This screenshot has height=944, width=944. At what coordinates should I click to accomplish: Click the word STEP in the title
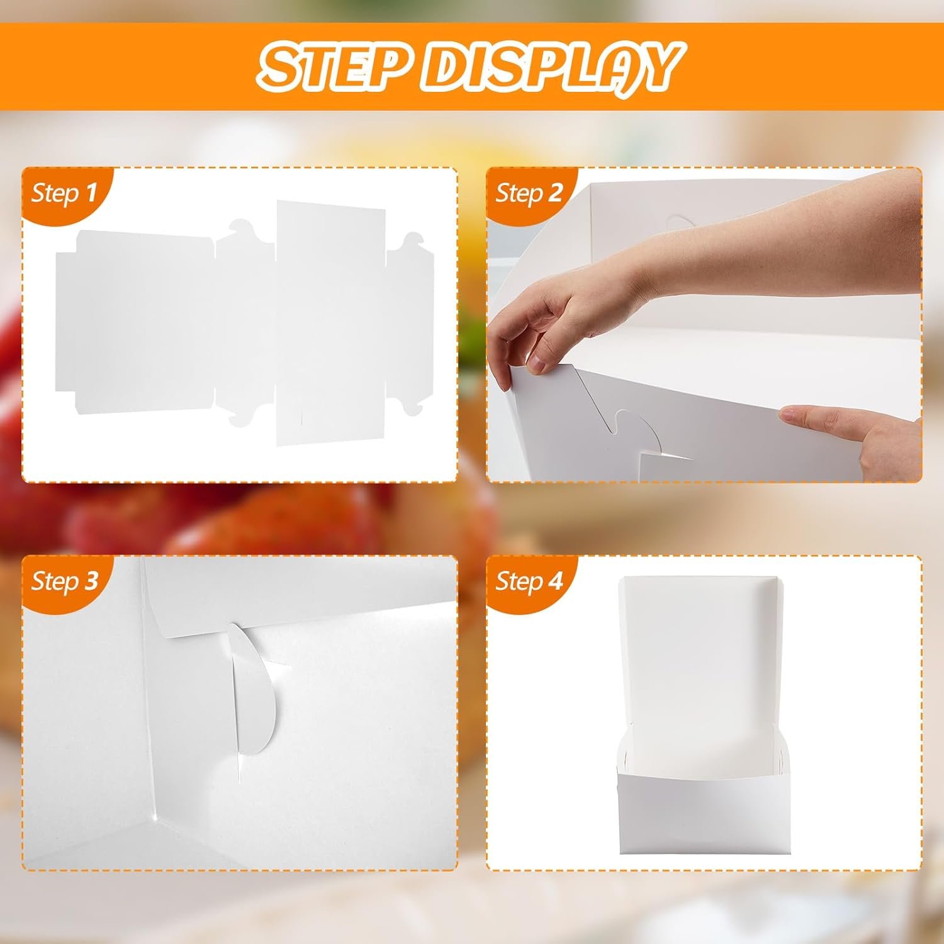330,65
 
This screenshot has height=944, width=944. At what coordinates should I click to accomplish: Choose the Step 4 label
528,581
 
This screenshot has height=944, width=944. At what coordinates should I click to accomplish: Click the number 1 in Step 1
91,192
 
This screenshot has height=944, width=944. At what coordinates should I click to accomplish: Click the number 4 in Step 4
555,581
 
